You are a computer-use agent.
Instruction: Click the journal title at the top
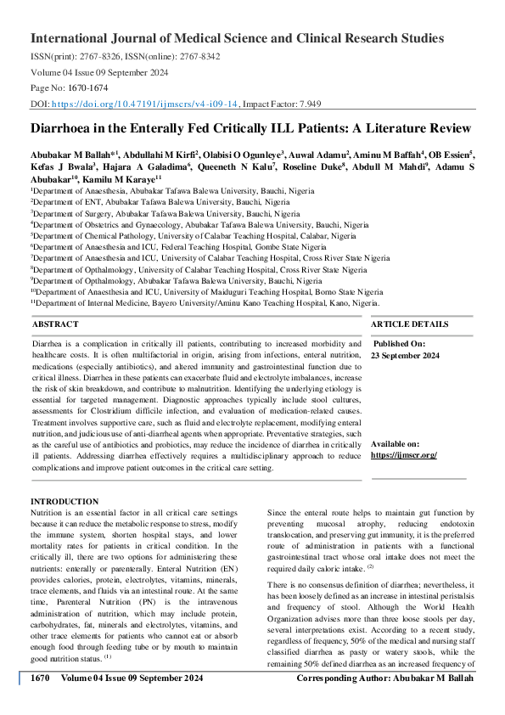coord(237,38)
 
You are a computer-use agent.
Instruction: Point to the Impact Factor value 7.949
coord(306,103)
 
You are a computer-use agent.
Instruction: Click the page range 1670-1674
coord(85,87)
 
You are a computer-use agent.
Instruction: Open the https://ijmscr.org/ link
coord(404,455)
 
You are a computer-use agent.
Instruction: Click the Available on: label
coord(396,444)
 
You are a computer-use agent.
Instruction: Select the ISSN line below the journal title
coord(125,56)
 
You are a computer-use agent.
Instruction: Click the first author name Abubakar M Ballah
coord(65,155)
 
